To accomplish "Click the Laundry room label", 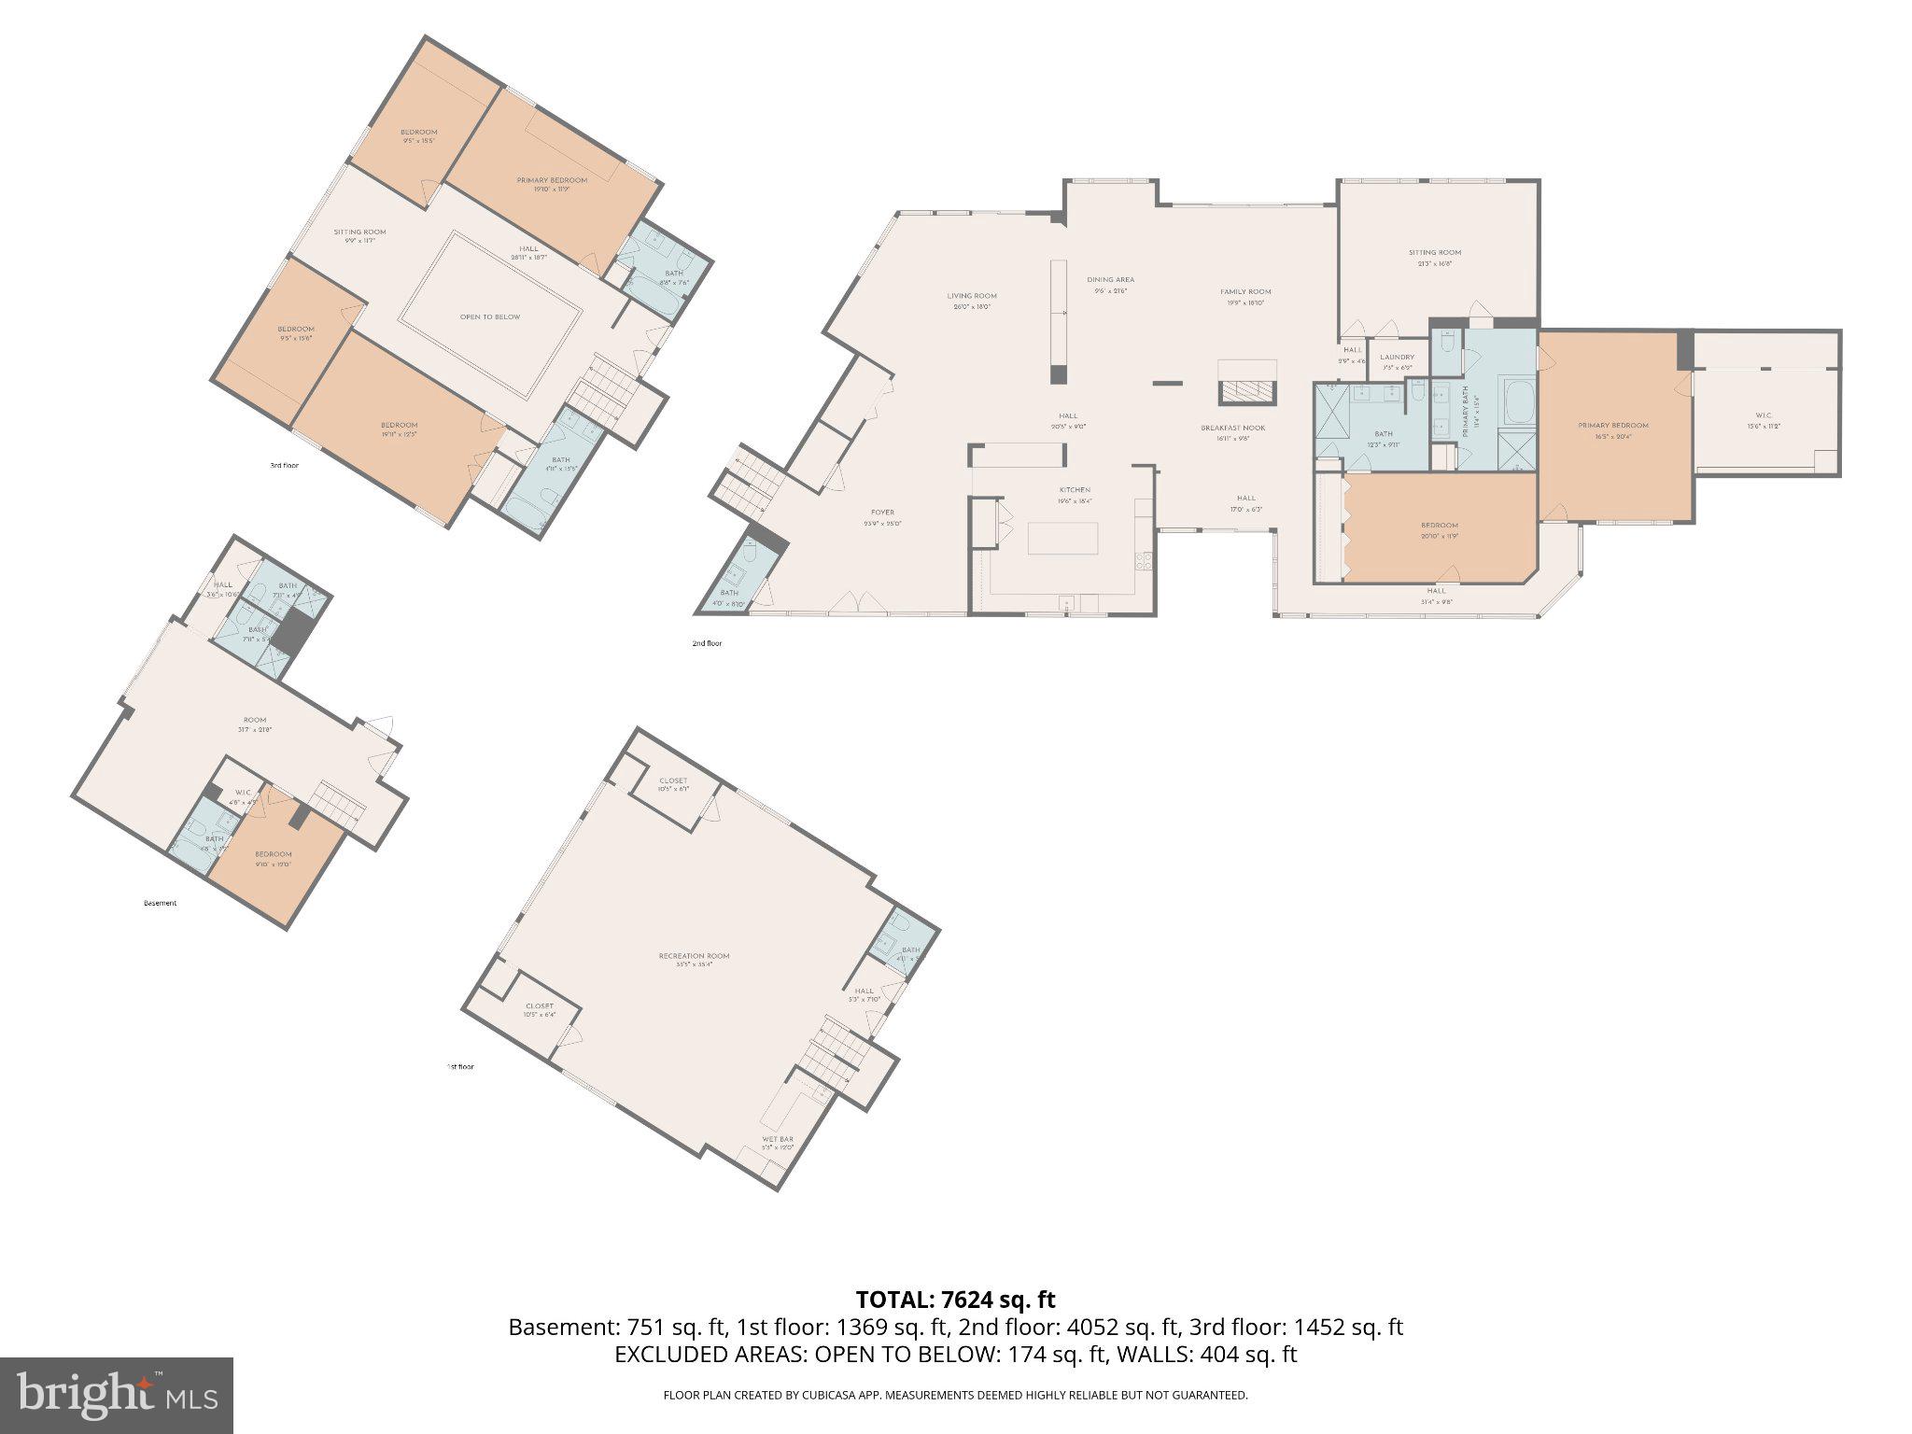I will pos(1397,358).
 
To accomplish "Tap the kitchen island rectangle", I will pos(1062,539).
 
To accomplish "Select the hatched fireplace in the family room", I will pos(1246,392).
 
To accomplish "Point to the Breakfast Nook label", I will pos(1232,429).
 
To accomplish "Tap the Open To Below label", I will pos(489,317).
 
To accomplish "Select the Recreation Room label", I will pos(694,956).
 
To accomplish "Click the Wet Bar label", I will pos(777,1140).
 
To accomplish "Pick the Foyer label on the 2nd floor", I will pos(882,513).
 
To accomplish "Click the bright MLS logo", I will pos(116,1395).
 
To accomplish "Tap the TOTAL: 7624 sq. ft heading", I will pos(955,1300).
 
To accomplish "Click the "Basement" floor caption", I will pos(160,903).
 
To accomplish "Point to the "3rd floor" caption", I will pos(284,464).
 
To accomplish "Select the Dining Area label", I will pos(1110,280).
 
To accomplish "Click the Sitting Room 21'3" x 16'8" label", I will pos(1435,253).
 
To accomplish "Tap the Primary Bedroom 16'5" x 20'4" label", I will pos(1613,426).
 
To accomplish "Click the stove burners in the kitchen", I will pos(1143,561).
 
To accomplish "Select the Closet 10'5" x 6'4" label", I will pos(540,1006).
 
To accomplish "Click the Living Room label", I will pos(972,297).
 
